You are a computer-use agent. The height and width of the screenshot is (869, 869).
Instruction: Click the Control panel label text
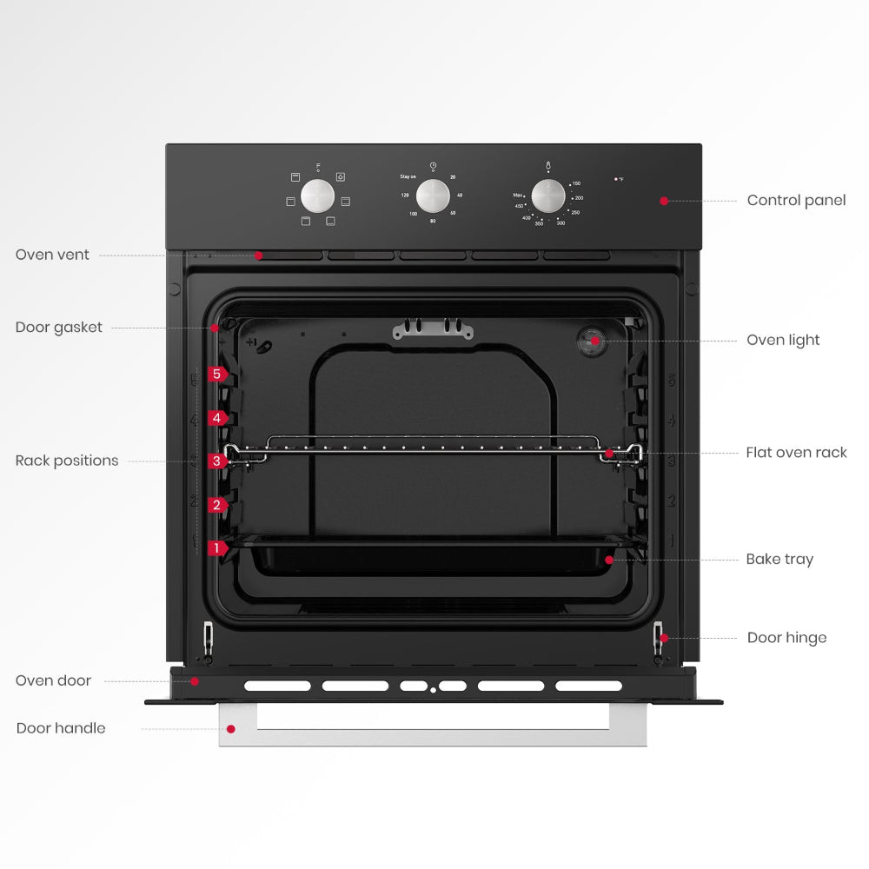tap(796, 201)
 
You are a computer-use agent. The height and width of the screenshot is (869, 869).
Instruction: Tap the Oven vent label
tap(52, 255)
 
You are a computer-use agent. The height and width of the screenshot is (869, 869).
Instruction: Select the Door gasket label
tap(58, 328)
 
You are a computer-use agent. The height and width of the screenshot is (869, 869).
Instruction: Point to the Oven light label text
tap(783, 341)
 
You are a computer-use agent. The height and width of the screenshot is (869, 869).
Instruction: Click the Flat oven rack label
tap(796, 453)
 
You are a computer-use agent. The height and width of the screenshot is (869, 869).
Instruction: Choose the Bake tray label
tap(779, 560)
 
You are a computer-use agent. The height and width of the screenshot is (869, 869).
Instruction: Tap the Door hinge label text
tap(786, 638)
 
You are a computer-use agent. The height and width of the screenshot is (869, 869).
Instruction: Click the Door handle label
tap(61, 728)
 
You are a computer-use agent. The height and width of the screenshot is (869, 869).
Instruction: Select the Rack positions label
tap(67, 461)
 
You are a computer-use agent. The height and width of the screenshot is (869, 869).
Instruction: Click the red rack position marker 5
tap(217, 375)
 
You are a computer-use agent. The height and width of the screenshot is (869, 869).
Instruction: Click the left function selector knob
tap(318, 196)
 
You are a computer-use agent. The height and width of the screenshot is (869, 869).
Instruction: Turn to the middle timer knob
tap(433, 196)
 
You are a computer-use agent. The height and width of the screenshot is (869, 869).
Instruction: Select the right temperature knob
tap(548, 196)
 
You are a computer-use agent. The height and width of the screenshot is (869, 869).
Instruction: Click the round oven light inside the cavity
tap(594, 341)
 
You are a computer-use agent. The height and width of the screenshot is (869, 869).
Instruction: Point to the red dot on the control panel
tap(664, 201)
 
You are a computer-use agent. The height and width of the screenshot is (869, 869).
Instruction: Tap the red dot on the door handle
tap(230, 728)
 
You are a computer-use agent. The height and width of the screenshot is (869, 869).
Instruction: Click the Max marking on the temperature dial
tap(517, 196)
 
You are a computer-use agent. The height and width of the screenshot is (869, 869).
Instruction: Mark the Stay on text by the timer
tap(408, 176)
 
